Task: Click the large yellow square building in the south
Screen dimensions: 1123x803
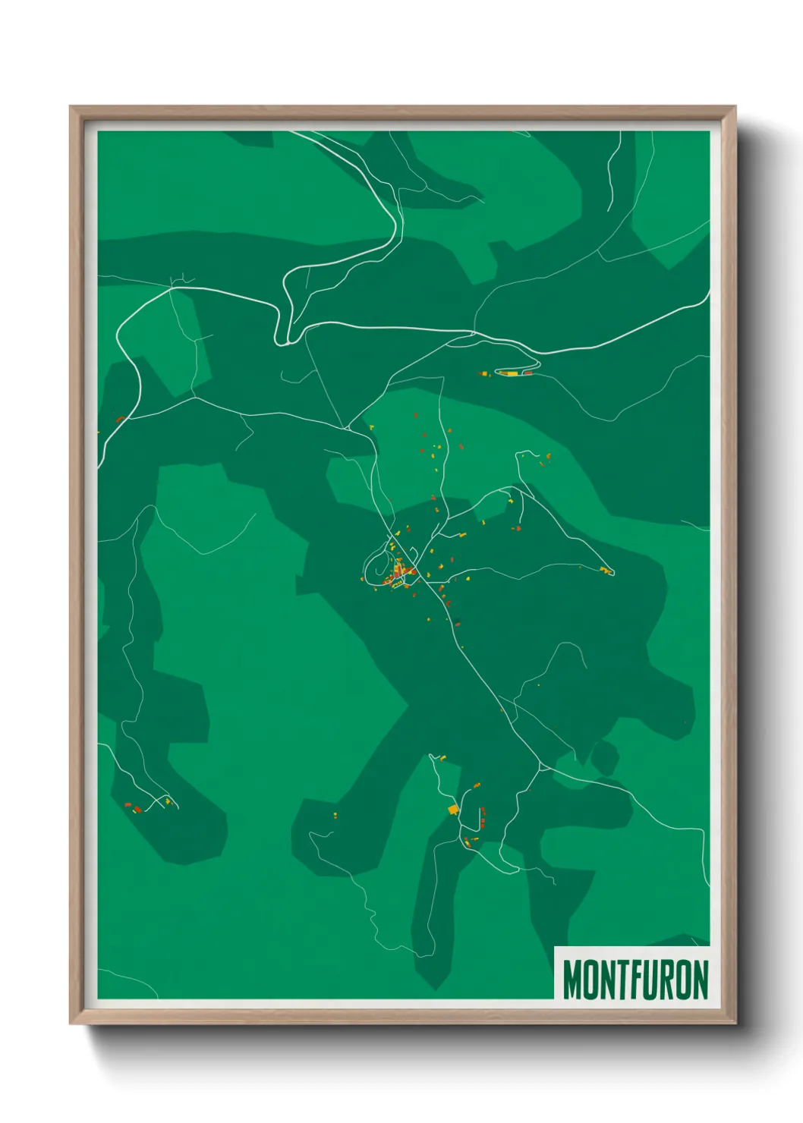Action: tap(453, 810)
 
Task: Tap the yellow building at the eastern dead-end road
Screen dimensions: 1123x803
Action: tap(605, 570)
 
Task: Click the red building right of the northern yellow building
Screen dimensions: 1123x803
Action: tap(527, 373)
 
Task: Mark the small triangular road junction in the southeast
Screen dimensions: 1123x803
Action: tap(541, 768)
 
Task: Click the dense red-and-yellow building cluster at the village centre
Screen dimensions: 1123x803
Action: tap(398, 573)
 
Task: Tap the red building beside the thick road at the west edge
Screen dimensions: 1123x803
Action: tap(120, 419)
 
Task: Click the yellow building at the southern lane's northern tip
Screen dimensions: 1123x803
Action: tap(442, 757)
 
